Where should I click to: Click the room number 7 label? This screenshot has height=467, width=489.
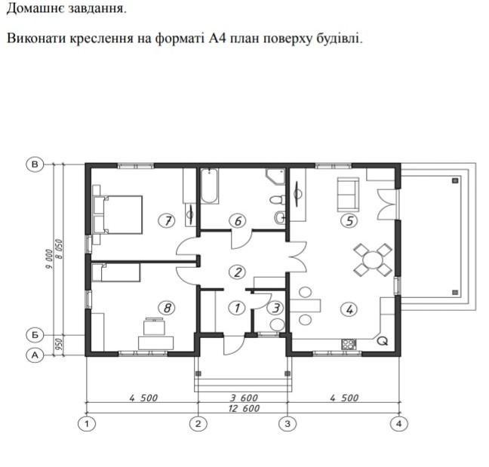168,221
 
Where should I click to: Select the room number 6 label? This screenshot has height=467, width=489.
237,221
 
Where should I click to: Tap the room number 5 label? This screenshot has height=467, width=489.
349,221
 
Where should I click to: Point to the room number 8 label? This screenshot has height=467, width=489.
167,308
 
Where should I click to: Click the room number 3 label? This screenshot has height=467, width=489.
275,308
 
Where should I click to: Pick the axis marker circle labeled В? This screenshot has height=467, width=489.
35,164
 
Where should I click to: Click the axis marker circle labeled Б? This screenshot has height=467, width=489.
35,335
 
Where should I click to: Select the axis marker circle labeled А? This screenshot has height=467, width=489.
35,355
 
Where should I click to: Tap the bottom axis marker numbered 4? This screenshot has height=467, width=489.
399,424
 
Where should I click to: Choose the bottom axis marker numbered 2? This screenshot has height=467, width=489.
198,424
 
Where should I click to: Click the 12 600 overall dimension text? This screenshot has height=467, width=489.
244,408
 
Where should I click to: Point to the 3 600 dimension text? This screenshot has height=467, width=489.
244,398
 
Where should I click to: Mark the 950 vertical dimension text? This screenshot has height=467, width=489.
59,344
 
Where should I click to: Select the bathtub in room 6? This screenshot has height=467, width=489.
209,186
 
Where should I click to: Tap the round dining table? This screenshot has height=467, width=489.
373,260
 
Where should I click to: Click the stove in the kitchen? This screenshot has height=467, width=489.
349,344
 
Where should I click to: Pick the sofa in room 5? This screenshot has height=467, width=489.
348,195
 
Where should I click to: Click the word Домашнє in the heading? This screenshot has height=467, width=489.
35,8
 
